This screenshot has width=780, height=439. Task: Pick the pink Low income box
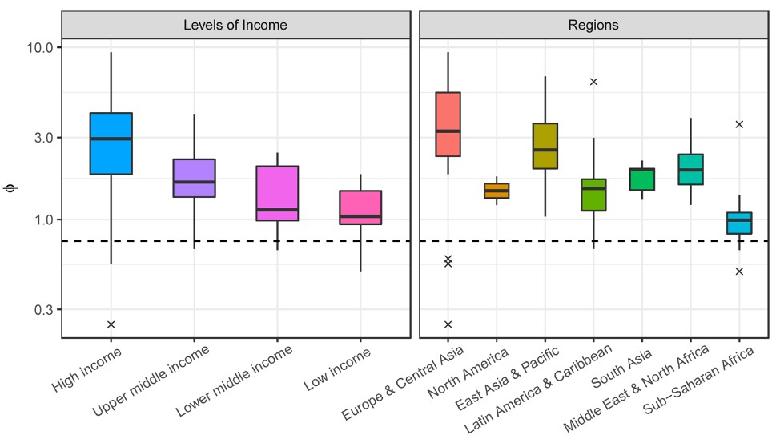pyautogui.click(x=360, y=207)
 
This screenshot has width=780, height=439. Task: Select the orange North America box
pyautogui.click(x=497, y=191)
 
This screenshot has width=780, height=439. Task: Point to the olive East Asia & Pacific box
pyautogui.click(x=545, y=146)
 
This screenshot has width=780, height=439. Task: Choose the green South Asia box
pyautogui.click(x=642, y=179)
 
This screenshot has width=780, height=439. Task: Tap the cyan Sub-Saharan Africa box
pyautogui.click(x=739, y=223)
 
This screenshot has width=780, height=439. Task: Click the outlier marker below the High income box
pyautogui.click(x=111, y=324)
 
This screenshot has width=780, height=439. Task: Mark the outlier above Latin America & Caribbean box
pyautogui.click(x=593, y=82)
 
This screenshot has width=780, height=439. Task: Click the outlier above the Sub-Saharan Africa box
pyautogui.click(x=739, y=124)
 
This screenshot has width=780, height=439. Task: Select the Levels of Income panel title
pyautogui.click(x=235, y=25)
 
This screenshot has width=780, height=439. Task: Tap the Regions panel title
pyautogui.click(x=593, y=25)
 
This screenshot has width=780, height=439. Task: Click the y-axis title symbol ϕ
pyautogui.click(x=10, y=189)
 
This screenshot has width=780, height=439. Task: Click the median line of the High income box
pyautogui.click(x=111, y=139)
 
